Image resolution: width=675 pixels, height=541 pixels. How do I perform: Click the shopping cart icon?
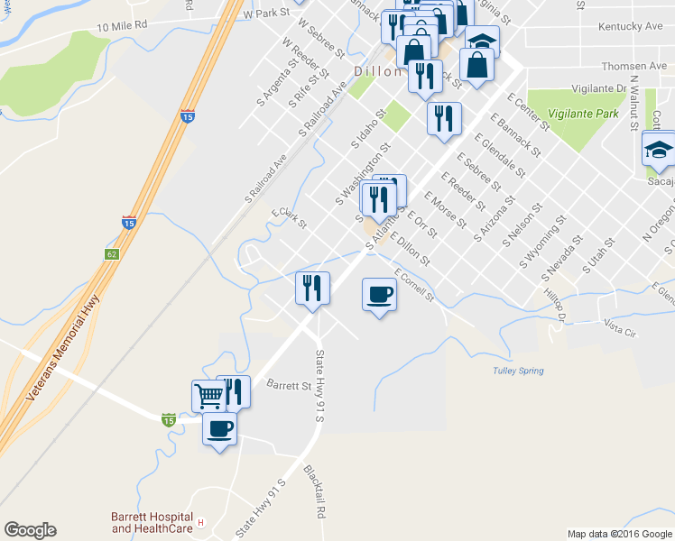pos(208,395)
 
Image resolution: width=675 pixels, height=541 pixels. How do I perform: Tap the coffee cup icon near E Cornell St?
pos(379,293)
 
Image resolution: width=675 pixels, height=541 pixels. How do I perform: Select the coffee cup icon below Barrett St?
pos(219,429)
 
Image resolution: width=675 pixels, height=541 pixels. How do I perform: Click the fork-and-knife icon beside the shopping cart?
pos(233,391)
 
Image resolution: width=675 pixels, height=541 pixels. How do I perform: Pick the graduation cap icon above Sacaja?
pos(660,149)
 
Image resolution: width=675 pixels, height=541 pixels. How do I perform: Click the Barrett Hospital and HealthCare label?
pos(153,522)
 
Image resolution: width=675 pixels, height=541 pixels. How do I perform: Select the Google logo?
pos(30,530)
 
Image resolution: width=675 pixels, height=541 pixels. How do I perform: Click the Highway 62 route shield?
pos(112,255)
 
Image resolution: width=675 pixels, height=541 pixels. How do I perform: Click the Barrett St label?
pos(289,384)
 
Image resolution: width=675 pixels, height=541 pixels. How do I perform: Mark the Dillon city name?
pos(376,70)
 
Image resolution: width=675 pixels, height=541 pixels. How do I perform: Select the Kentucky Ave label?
pos(630,27)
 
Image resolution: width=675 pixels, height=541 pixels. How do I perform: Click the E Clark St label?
pos(290,217)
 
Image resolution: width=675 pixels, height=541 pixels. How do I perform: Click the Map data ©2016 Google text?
pos(618,534)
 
